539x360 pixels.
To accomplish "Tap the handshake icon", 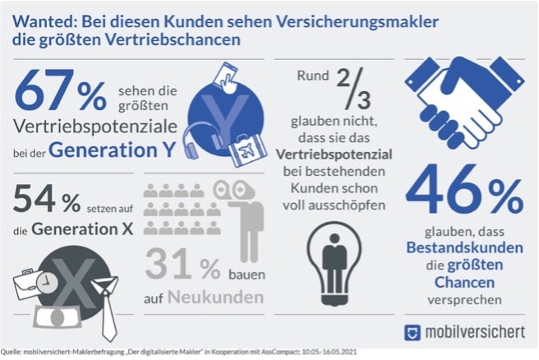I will tap(464, 103).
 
